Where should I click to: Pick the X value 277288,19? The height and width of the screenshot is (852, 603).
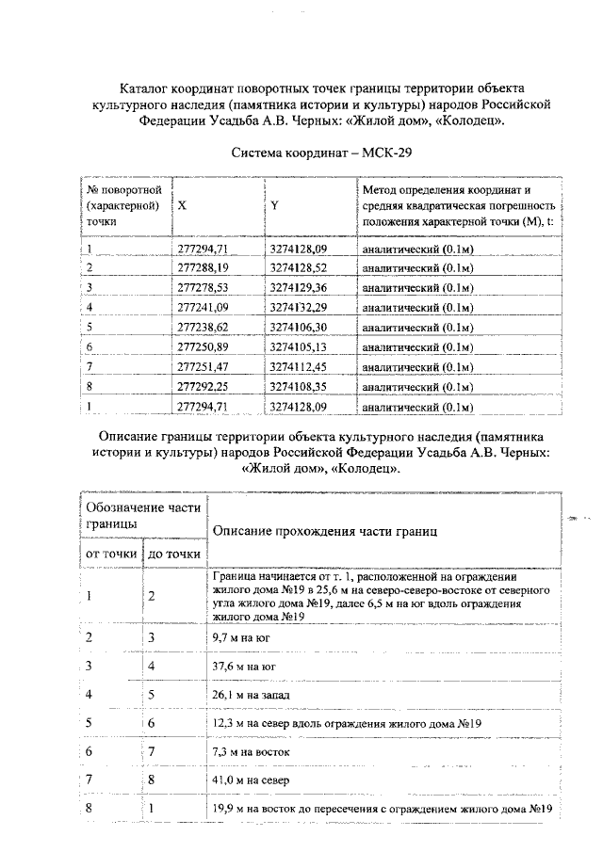[x=204, y=268]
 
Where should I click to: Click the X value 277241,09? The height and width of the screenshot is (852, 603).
[x=204, y=307]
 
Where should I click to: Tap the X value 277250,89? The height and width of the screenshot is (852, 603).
[x=204, y=346]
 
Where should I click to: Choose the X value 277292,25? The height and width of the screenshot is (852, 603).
[x=204, y=386]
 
